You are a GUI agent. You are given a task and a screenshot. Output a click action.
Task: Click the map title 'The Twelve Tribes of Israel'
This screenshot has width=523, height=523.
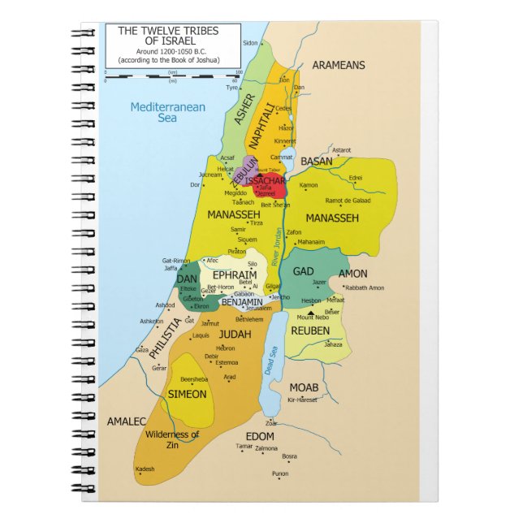pyautogui.click(x=172, y=37)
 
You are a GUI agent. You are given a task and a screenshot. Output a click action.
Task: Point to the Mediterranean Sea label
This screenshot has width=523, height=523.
pyautogui.click(x=168, y=112)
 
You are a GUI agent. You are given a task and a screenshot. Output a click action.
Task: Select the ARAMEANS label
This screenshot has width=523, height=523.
pyautogui.click(x=339, y=65)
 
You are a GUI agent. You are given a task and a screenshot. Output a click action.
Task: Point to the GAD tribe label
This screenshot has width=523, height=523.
pyautogui.click(x=303, y=271)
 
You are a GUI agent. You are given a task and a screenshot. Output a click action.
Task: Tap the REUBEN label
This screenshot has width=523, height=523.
pyautogui.click(x=310, y=331)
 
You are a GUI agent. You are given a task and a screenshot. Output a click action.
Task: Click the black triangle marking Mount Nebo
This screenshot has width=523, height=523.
pyautogui.click(x=309, y=311)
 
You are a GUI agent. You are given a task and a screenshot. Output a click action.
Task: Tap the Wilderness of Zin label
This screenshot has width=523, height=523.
pyautogui.click(x=172, y=439)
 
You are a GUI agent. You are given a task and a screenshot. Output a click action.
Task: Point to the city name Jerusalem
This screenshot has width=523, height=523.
pyautogui.click(x=258, y=309)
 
